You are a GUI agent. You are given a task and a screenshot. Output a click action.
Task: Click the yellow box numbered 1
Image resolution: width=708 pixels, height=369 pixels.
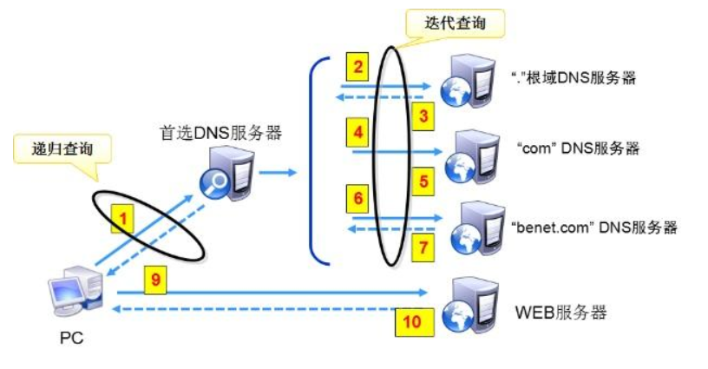pyautogui.click(x=124, y=220)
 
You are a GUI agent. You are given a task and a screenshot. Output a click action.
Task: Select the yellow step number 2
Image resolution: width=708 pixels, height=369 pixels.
pyautogui.click(x=357, y=66)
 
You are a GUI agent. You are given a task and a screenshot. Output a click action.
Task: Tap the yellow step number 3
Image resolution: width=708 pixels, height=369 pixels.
pyautogui.click(x=423, y=115)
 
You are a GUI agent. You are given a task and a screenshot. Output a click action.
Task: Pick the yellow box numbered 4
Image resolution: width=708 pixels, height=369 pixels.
pyautogui.click(x=357, y=133)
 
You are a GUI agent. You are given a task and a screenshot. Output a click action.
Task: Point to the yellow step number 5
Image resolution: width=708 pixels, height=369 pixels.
pyautogui.click(x=423, y=181)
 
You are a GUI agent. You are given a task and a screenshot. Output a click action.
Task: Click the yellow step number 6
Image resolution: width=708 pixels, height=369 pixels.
pyautogui.click(x=357, y=198)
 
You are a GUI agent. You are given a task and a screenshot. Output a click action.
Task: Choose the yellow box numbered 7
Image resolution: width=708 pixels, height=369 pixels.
pyautogui.click(x=423, y=248)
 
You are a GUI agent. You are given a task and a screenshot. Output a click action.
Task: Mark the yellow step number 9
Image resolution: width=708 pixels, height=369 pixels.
pyautogui.click(x=157, y=280)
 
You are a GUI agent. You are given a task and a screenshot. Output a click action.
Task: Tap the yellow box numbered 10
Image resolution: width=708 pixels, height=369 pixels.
pyautogui.click(x=410, y=323)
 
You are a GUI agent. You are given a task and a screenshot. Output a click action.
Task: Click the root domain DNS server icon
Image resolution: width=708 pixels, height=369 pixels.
pyautogui.click(x=467, y=79)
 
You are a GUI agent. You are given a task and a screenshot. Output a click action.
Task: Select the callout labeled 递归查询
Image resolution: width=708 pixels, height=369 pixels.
pyautogui.click(x=62, y=148)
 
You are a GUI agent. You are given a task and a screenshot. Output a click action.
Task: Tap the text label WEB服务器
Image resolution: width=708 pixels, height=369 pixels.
pyautogui.click(x=560, y=312)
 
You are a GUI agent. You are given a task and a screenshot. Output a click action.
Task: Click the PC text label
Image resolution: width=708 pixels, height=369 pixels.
pyautogui.click(x=71, y=339)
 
